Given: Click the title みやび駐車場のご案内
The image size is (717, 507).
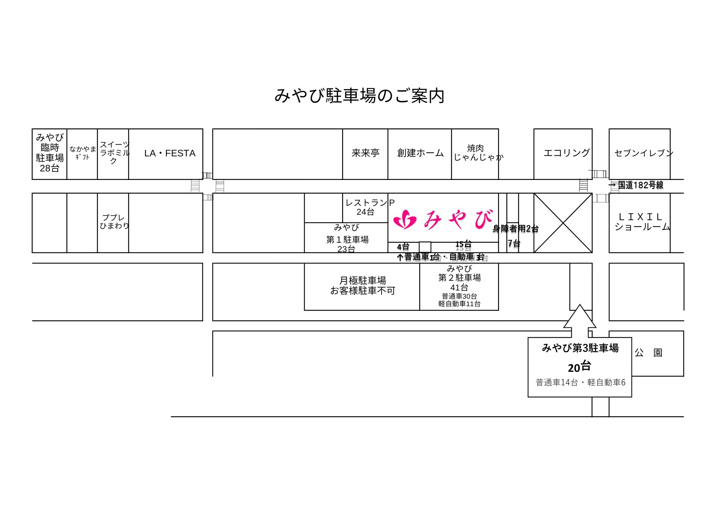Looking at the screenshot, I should (x=359, y=96).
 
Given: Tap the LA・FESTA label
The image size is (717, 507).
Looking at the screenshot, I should (x=170, y=153).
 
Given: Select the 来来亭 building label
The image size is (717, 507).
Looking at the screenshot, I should (x=365, y=153).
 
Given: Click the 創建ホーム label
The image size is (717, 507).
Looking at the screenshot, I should (x=420, y=153).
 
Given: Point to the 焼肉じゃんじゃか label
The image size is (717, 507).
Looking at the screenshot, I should (x=477, y=153).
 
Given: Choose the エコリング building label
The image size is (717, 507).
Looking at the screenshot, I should (x=566, y=153).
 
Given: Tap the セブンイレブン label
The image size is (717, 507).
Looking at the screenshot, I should (x=643, y=153).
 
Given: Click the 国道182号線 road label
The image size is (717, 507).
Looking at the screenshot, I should (x=640, y=185).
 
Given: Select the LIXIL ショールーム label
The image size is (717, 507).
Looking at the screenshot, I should (x=641, y=222).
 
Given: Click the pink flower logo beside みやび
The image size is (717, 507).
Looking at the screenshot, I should (x=405, y=219).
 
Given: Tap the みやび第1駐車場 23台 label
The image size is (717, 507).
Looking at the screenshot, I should (x=347, y=238).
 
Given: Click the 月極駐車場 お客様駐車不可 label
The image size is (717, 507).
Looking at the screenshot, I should (x=362, y=285).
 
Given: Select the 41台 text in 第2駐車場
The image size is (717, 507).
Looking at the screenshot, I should (x=459, y=288).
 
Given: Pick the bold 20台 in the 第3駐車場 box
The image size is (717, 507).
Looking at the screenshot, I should (x=579, y=367).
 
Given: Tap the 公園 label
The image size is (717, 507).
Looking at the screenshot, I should (x=648, y=353).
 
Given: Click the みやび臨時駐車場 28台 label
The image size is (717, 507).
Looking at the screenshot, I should (x=50, y=153).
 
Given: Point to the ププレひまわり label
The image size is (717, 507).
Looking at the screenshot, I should (x=114, y=222).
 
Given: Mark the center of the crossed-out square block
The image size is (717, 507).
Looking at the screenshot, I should (x=563, y=223).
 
